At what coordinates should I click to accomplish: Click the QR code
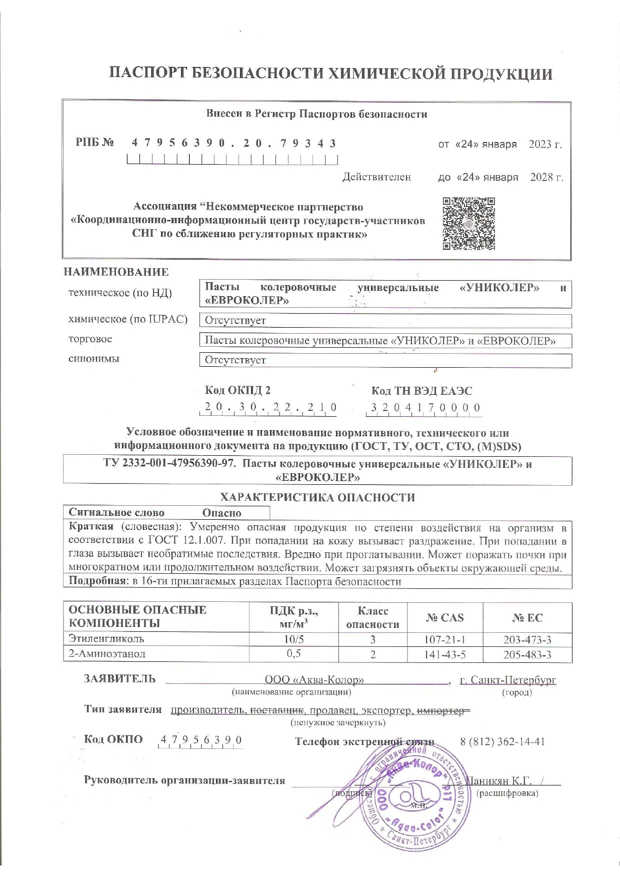[468, 224]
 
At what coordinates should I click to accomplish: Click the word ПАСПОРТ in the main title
[147, 74]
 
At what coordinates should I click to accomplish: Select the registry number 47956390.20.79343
[233, 144]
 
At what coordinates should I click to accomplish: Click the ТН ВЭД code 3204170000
[425, 408]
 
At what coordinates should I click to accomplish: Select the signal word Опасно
[221, 513]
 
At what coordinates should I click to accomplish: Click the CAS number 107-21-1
[444, 639]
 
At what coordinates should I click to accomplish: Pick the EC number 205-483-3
[527, 654]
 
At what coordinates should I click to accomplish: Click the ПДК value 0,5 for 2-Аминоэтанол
[293, 654]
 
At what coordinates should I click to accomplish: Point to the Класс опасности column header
[372, 617]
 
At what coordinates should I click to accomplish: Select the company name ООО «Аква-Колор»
[314, 680]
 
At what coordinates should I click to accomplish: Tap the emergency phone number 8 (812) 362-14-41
[502, 741]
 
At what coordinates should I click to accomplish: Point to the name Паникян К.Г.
[498, 781]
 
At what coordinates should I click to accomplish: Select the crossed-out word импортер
[442, 710]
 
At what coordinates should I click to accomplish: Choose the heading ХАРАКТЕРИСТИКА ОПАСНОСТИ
[317, 497]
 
